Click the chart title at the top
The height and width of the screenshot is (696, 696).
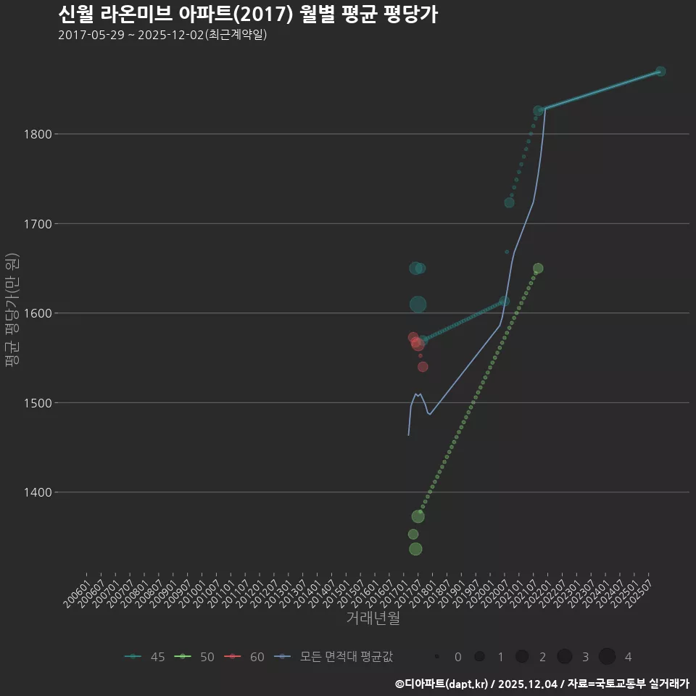pyautogui.click(x=247, y=14)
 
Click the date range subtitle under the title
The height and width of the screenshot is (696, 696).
pyautogui.click(x=162, y=35)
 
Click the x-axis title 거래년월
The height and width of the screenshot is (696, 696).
pyautogui.click(x=373, y=618)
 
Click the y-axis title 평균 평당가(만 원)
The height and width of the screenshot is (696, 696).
pyautogui.click(x=12, y=312)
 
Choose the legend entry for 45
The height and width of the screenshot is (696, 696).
pyautogui.click(x=145, y=657)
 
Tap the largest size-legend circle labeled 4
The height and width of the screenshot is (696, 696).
pyautogui.click(x=608, y=657)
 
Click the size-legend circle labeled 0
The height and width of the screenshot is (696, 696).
pyautogui.click(x=437, y=657)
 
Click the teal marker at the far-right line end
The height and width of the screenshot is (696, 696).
pyautogui.click(x=660, y=71)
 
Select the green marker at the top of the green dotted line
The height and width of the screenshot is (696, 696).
pyautogui.click(x=538, y=268)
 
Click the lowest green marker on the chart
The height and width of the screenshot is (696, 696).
pyautogui.click(x=415, y=549)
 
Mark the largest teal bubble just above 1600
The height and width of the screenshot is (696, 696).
pyautogui.click(x=418, y=304)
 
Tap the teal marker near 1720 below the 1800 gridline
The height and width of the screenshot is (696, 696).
pyautogui.click(x=509, y=203)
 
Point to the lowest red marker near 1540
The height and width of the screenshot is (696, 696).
pyautogui.click(x=423, y=367)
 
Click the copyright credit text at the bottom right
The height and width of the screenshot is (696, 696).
pyautogui.click(x=542, y=684)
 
